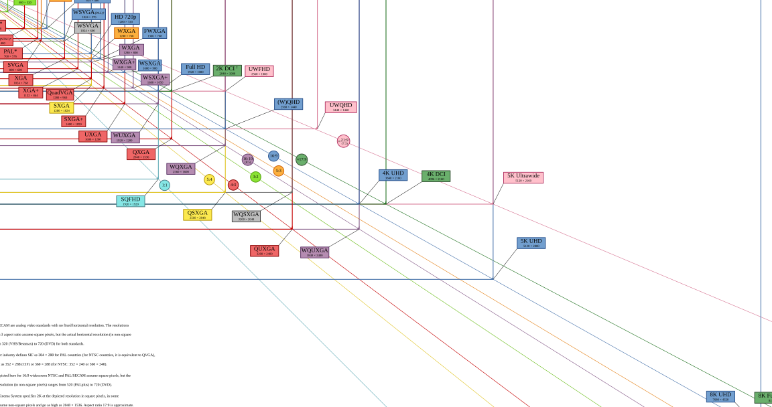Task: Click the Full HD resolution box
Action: pos(195,69)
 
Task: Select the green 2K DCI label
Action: pos(227,70)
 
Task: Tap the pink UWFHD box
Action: pos(259,71)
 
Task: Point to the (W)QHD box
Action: pos(288,104)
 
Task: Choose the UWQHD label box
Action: pos(340,107)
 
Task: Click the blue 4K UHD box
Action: pos(393,175)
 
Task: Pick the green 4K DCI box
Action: pos(436,176)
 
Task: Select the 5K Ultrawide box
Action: pos(523,177)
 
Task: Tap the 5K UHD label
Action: pos(531,243)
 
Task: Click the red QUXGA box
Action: pos(264,251)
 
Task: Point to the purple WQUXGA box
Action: pos(314,252)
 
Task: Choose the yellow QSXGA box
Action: pos(197,215)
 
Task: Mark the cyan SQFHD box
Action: pos(130,201)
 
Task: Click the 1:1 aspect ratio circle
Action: pos(164,185)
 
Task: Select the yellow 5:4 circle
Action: pos(209,179)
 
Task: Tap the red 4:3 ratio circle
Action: pos(233,185)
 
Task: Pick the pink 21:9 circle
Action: pos(343,141)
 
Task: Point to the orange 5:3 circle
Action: pos(278,171)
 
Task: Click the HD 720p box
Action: pos(125,19)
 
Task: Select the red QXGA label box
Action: pos(141,154)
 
